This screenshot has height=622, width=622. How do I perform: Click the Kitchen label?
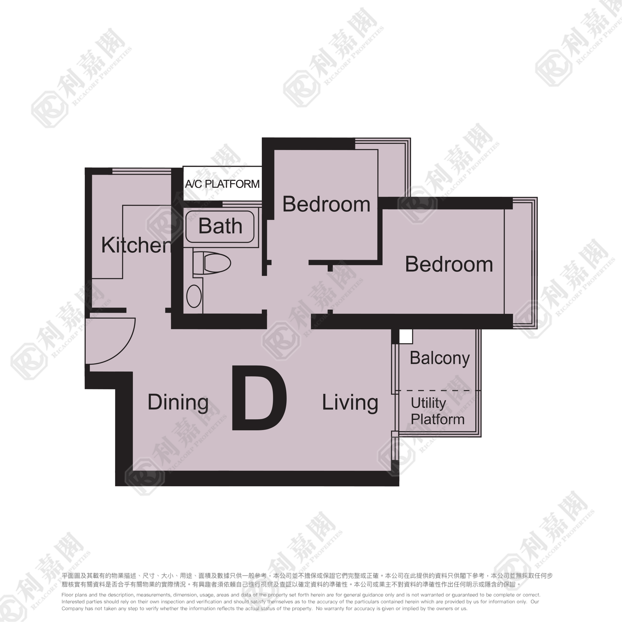pos(136,245)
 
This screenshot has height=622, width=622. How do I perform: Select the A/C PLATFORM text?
pos(222,184)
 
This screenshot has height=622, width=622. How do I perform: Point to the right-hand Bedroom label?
pos(449,264)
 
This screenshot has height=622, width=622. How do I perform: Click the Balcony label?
pos(439,358)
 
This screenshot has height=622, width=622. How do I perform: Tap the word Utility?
pos(428,403)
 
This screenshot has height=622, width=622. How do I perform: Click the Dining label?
pos(178,402)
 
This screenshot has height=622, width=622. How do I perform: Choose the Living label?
pos(350,402)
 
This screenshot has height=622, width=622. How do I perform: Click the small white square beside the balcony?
pos(406,336)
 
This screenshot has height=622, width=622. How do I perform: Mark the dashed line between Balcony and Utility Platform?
pos(438,390)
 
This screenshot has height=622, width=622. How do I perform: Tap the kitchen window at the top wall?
pos(142,171)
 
